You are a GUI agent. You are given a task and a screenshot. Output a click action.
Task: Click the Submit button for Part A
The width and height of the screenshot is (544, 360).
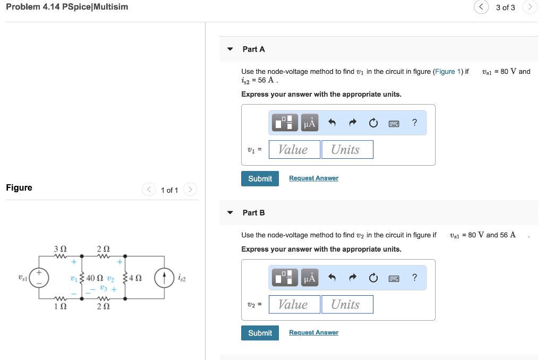(x=260, y=178)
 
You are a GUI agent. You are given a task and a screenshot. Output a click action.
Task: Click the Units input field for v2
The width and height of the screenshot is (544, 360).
(x=346, y=305)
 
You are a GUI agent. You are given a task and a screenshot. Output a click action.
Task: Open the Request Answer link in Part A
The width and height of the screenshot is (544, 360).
(x=313, y=178)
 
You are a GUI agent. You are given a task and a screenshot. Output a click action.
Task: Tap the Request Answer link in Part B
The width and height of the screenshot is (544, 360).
(x=313, y=333)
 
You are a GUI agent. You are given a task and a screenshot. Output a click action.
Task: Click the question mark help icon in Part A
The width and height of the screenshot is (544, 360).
(x=414, y=123)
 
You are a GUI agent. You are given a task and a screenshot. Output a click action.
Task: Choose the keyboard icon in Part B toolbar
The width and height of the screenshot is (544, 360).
(x=394, y=278)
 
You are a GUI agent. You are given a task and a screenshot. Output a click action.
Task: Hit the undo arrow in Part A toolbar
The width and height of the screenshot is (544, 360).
(x=332, y=123)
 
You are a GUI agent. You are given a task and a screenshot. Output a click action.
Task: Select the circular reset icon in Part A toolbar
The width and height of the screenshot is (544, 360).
(x=373, y=123)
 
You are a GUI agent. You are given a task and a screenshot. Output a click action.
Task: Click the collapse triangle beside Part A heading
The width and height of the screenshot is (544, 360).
(x=230, y=49)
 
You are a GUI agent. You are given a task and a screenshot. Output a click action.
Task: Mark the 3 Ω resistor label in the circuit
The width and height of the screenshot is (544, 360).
(x=60, y=248)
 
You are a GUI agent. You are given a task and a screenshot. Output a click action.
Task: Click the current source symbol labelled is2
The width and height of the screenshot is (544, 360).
(x=164, y=278)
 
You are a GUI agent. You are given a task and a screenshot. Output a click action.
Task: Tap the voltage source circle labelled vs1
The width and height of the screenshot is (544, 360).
(x=38, y=277)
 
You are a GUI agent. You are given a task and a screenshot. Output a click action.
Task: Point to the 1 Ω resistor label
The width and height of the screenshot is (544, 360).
(x=60, y=306)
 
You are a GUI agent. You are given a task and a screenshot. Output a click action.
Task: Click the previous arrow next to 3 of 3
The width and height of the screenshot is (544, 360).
(x=481, y=7)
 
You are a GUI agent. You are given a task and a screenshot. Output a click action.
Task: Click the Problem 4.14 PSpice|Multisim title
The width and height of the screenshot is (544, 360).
(x=67, y=7)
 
